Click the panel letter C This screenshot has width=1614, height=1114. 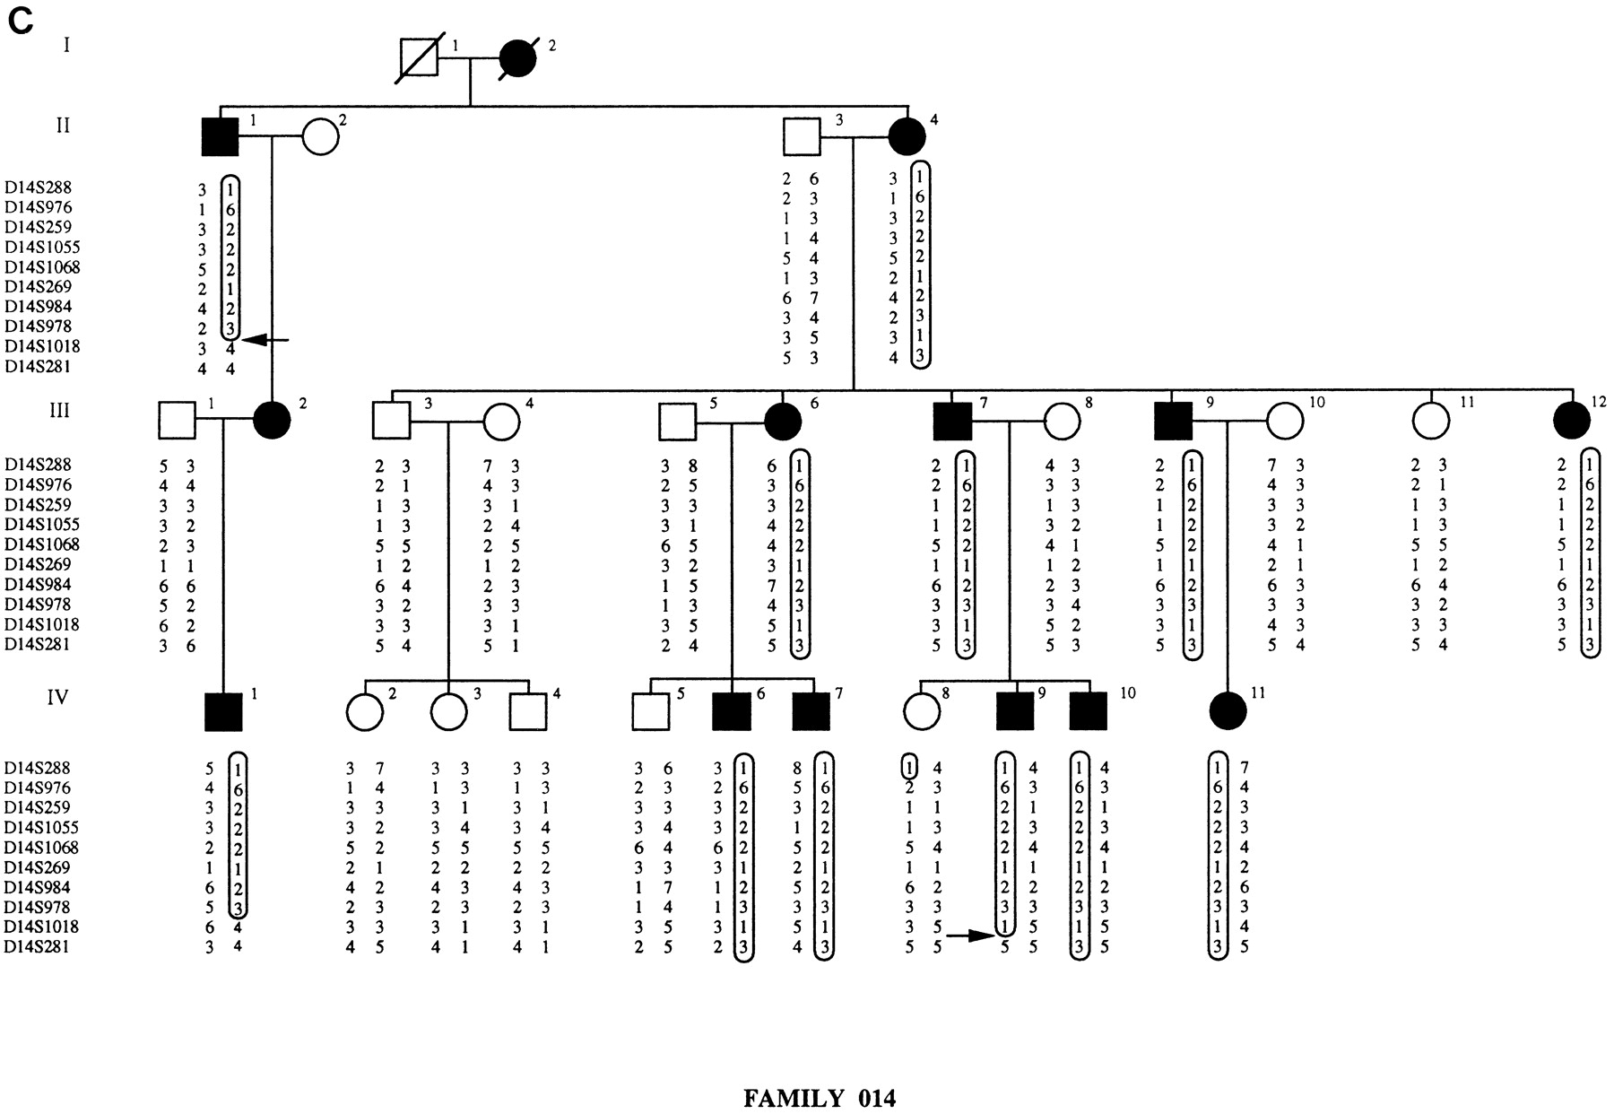point(21,22)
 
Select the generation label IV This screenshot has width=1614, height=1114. point(57,697)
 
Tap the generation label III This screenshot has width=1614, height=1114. point(59,411)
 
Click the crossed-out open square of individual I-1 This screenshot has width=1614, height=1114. point(418,60)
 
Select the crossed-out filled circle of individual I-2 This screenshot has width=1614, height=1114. point(518,59)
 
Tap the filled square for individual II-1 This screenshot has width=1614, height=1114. point(220,137)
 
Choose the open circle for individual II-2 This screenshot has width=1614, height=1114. point(320,137)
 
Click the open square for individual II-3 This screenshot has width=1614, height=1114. point(802,137)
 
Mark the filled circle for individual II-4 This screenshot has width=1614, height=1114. point(907,137)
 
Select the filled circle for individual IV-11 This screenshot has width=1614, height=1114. point(1228,711)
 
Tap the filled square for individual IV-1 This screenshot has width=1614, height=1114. point(223,712)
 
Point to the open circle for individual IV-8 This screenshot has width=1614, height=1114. point(921,711)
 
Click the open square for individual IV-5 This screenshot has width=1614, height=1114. point(650,712)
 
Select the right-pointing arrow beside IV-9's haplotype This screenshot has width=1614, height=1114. point(971,936)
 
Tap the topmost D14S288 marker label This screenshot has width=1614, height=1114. point(38,188)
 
